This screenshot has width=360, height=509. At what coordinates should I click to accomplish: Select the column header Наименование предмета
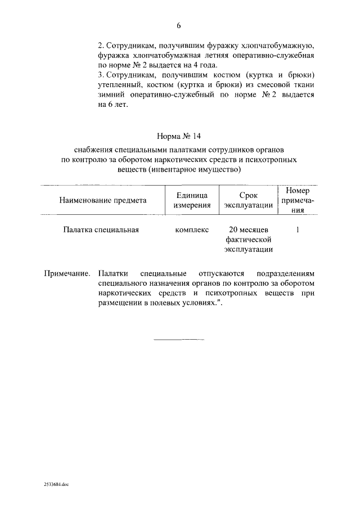103,200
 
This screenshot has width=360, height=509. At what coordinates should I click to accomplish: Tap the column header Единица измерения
192,200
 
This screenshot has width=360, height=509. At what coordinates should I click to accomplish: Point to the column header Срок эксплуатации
249,200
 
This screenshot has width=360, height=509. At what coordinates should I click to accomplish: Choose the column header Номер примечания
298,200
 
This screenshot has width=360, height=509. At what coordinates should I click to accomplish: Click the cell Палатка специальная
101,229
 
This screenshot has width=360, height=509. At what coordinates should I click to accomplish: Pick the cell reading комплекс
192,229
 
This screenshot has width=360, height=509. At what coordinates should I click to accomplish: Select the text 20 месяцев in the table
249,229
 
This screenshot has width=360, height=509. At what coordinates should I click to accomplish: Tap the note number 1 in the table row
298,229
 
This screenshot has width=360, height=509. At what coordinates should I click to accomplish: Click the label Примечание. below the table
67,273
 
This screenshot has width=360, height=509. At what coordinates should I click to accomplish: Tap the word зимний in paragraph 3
109,94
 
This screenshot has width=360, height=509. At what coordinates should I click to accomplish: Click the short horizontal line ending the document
179,340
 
